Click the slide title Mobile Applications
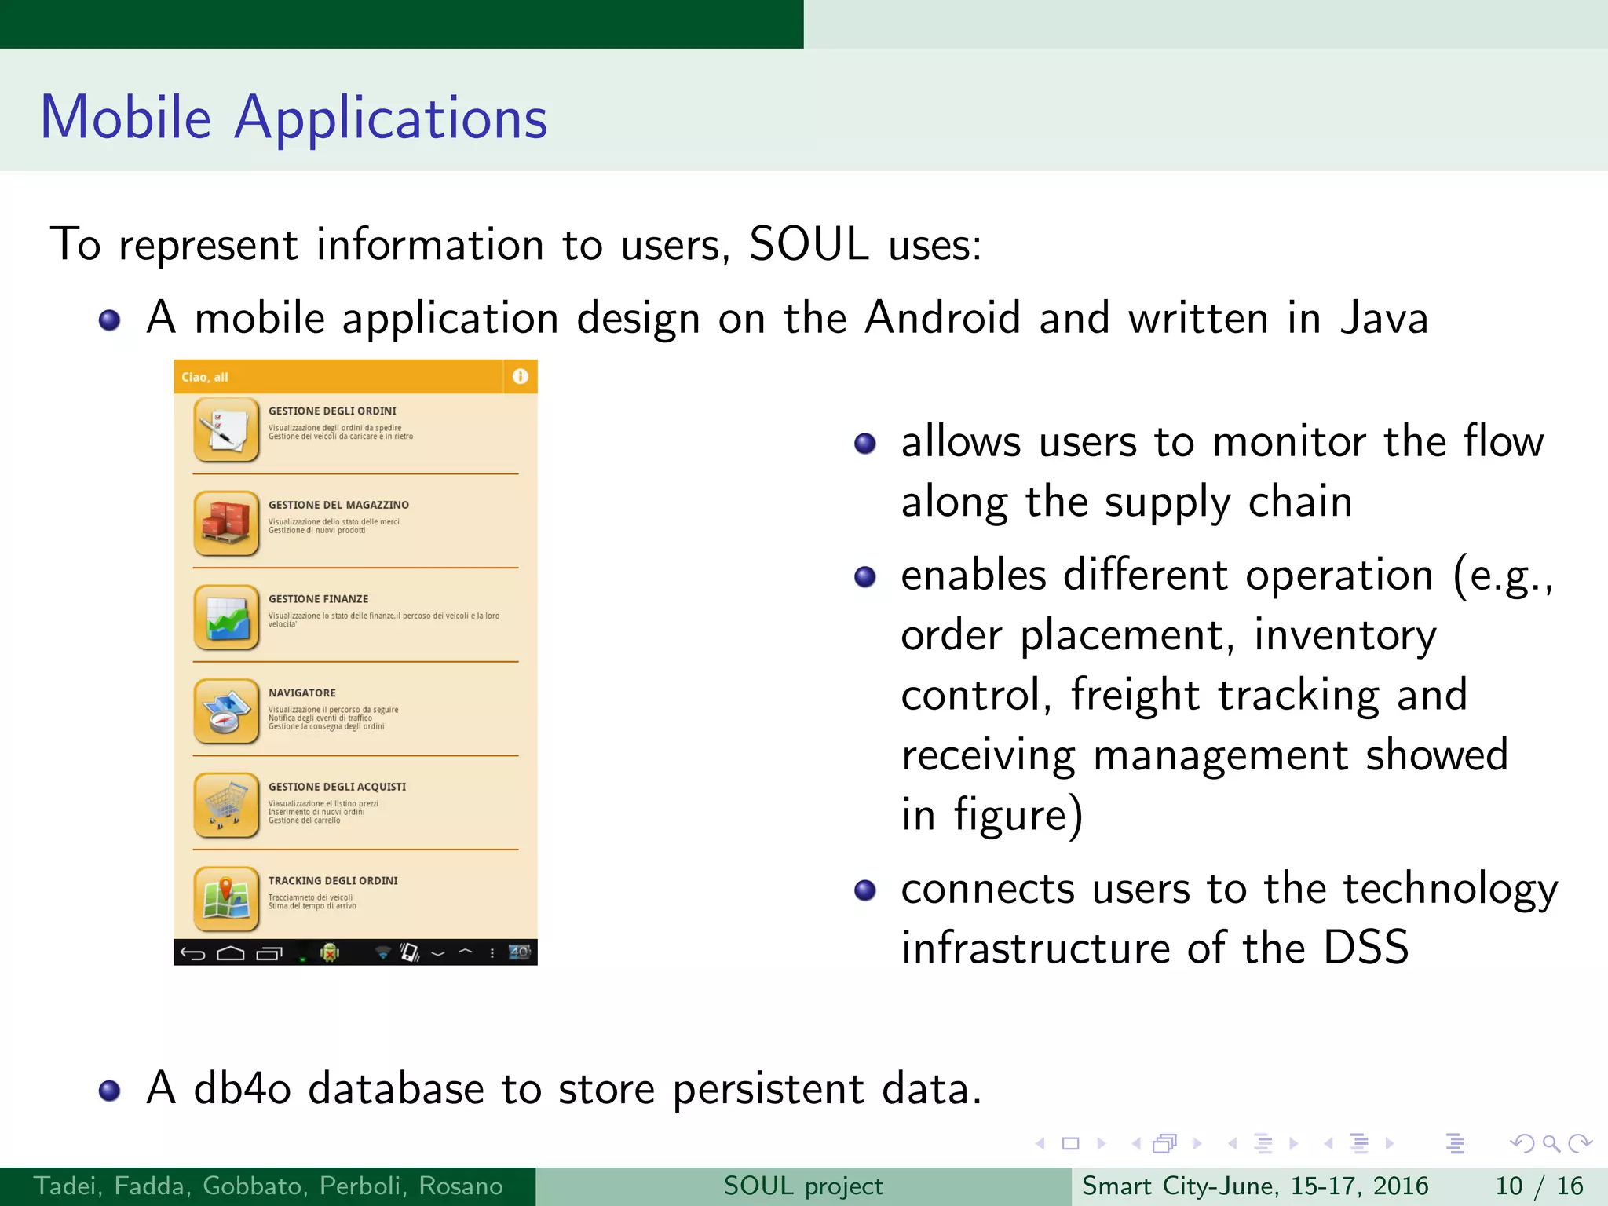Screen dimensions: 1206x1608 point(294,118)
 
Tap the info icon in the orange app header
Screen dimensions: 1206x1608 point(520,377)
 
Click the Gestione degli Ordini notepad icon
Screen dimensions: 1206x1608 point(226,429)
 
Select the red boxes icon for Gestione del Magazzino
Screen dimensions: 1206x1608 point(226,523)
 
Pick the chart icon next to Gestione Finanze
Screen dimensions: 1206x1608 point(226,617)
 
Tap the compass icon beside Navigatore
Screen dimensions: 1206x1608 point(226,711)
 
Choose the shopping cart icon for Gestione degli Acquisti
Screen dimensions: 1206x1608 point(226,805)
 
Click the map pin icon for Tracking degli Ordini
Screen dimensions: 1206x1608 point(226,899)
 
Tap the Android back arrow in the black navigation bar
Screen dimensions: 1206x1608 point(192,953)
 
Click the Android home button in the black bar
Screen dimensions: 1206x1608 point(230,953)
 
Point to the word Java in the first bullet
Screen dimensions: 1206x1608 point(1383,319)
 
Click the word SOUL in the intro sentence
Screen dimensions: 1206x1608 point(809,244)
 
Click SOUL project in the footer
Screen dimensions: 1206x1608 point(803,1186)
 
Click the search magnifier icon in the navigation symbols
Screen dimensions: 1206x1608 point(1551,1143)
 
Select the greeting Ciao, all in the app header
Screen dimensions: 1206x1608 point(205,378)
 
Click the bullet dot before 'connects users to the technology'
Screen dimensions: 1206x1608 point(864,890)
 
